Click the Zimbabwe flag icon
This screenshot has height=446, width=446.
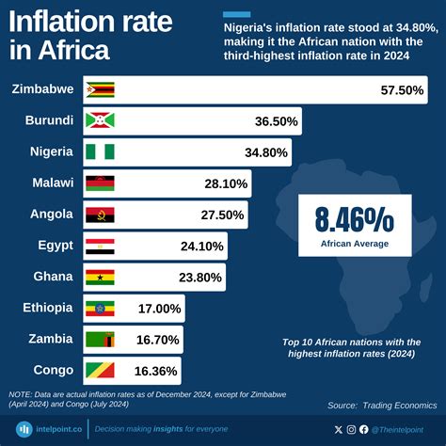(x=100, y=90)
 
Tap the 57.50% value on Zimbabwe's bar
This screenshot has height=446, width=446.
(x=401, y=90)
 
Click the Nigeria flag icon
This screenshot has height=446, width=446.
(x=100, y=151)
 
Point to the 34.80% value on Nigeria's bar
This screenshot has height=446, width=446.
(x=261, y=151)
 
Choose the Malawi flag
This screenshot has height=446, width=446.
(x=100, y=183)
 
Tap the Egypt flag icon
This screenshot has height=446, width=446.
(x=100, y=246)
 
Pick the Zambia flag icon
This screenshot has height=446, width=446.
(x=100, y=339)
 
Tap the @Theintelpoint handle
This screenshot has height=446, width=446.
(x=403, y=429)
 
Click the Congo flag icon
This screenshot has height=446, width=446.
(x=100, y=370)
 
